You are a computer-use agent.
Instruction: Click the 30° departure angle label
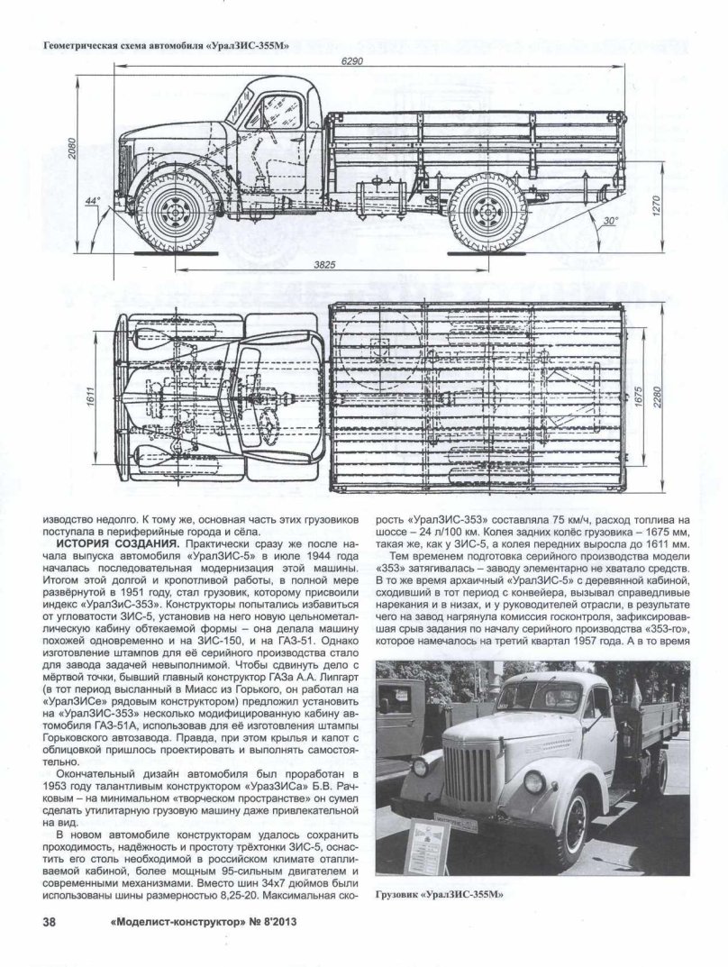pyautogui.click(x=612, y=220)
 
